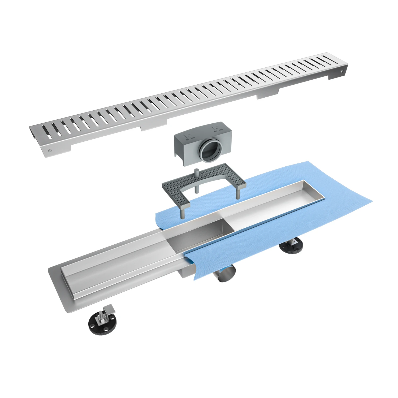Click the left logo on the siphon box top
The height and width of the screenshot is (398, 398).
(x=189, y=137)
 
